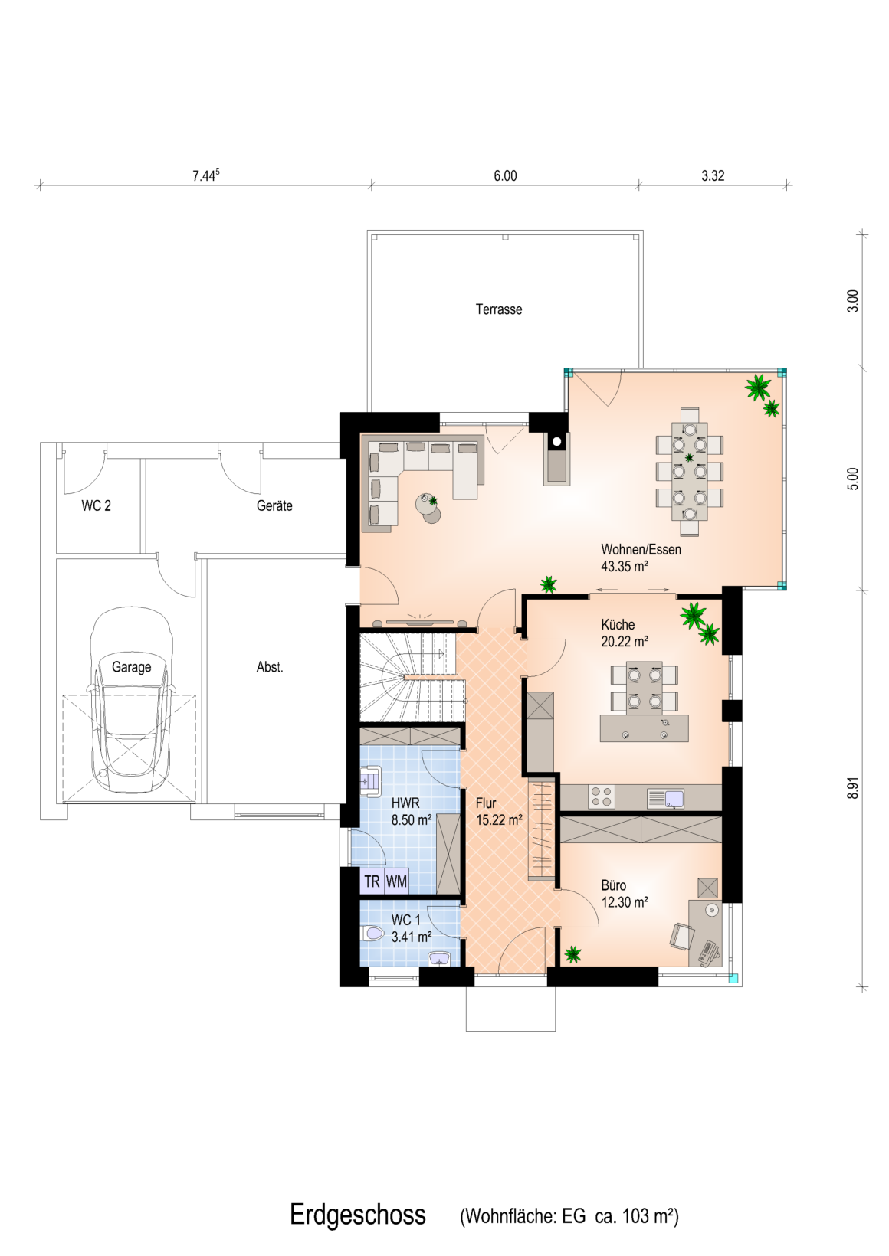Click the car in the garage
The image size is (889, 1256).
click(x=131, y=701)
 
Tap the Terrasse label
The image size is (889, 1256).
click(x=499, y=309)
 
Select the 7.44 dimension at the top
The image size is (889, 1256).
click(x=205, y=175)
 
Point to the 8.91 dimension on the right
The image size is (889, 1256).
click(x=852, y=788)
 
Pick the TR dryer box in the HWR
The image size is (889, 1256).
click(x=372, y=881)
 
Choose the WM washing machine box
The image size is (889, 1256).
click(x=396, y=881)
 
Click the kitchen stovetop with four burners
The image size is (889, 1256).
click(x=602, y=796)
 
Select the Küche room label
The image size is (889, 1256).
click(x=618, y=625)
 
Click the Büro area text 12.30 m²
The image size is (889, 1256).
click(x=625, y=902)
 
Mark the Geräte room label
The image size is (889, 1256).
click(x=274, y=505)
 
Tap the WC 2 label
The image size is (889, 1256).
click(x=96, y=505)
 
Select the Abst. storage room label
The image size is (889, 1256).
click(x=270, y=667)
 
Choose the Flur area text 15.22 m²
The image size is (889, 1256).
click(x=500, y=819)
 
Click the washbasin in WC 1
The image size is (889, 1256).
click(x=439, y=959)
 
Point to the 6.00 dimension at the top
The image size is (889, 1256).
click(x=505, y=176)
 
